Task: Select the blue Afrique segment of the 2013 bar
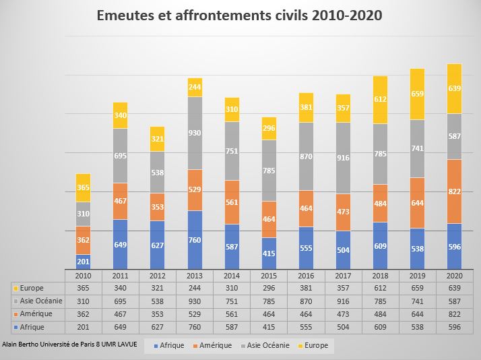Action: point(195,240)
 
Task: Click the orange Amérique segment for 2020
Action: point(455,191)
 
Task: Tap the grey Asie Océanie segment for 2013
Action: point(195,133)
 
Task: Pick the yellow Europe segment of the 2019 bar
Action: point(418,94)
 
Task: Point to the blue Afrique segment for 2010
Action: point(84,262)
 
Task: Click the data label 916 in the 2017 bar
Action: point(344,158)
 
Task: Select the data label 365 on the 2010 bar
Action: point(84,188)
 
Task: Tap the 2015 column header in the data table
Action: point(269,276)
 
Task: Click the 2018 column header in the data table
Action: point(381,276)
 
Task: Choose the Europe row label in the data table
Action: point(32,289)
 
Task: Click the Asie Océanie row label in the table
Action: point(36,301)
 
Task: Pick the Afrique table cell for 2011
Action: point(120,327)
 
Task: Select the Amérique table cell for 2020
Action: point(455,314)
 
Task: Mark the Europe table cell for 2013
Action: point(195,289)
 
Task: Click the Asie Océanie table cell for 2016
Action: point(306,301)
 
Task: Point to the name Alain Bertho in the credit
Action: point(20,344)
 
